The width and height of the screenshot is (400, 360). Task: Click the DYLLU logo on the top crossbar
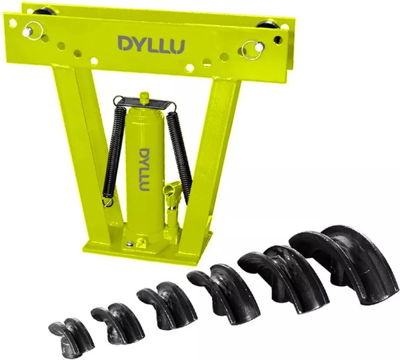[x=151, y=44]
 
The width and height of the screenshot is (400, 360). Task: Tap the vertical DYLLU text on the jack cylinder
[x=145, y=170]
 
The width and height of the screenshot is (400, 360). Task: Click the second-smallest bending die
[x=118, y=323]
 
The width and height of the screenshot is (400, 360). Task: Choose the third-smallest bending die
[x=168, y=304]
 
